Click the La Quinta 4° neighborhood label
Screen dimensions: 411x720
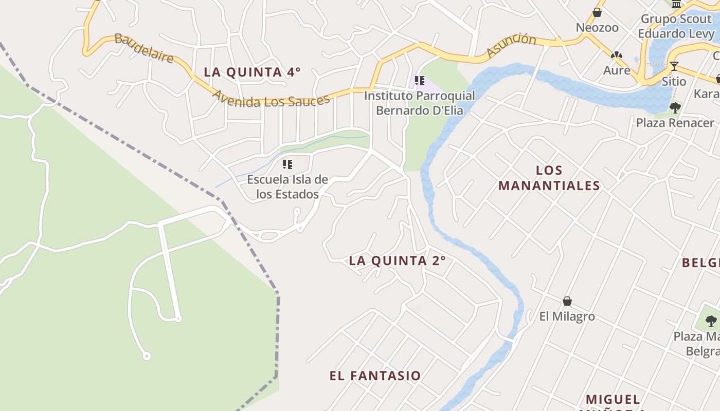(252, 72)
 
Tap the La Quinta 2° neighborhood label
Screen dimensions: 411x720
(397, 261)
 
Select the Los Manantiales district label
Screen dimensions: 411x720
(549, 178)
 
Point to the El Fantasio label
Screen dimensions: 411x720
(375, 376)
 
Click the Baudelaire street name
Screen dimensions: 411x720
(144, 48)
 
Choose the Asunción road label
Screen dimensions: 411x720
(511, 45)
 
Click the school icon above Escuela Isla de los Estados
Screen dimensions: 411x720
(287, 164)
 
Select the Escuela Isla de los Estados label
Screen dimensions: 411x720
(287, 187)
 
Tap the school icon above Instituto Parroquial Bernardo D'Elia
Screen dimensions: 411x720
(420, 81)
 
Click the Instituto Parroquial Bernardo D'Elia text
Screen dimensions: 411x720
(420, 103)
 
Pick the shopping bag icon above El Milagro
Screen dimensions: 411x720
(567, 301)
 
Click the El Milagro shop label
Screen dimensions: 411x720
(567, 316)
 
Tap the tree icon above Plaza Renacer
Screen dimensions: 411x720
(675, 107)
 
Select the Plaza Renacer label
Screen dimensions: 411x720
(675, 123)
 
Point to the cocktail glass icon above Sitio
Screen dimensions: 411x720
(674, 66)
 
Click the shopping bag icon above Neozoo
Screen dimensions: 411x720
(597, 12)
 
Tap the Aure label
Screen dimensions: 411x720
(617, 70)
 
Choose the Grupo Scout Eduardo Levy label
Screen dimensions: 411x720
(677, 27)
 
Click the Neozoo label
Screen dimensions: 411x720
(597, 28)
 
